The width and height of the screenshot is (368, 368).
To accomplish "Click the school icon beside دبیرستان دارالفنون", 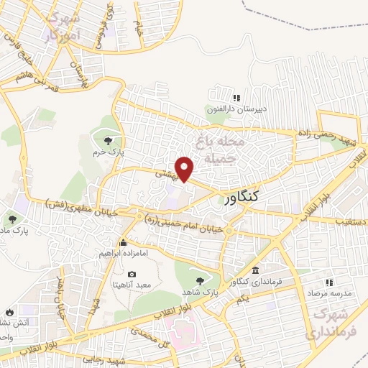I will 236,98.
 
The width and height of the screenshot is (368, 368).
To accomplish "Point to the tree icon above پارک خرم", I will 108,141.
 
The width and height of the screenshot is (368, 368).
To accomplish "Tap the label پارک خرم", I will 109,153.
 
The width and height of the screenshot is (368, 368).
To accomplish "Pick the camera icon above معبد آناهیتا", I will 132,274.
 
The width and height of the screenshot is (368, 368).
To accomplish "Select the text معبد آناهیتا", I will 132,285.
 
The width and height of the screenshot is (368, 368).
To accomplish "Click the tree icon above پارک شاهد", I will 199,280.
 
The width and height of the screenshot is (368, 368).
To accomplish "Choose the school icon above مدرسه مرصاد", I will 329,282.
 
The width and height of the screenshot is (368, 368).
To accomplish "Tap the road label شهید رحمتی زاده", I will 326,134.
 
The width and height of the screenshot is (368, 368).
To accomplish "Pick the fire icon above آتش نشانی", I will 9,312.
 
